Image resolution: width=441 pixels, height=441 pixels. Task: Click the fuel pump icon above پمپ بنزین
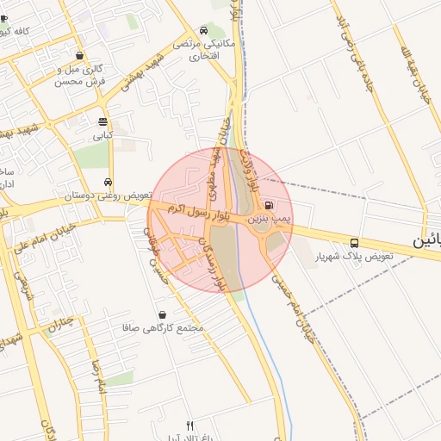click(270, 206)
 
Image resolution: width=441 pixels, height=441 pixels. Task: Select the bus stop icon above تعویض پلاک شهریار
click(355, 242)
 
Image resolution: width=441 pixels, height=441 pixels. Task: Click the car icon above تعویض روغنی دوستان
click(107, 182)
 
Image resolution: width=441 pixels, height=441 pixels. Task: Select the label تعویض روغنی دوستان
click(104, 196)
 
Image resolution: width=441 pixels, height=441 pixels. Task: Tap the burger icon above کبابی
click(103, 121)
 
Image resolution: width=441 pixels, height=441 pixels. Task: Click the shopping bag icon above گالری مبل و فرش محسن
click(80, 55)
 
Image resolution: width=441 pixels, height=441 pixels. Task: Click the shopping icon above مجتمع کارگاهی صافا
click(163, 314)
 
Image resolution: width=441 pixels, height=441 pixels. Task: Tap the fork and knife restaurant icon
click(190, 425)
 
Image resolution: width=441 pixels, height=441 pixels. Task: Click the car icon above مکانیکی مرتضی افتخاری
click(203, 28)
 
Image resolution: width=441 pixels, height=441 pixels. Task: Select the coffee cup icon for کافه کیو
click(4, 18)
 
